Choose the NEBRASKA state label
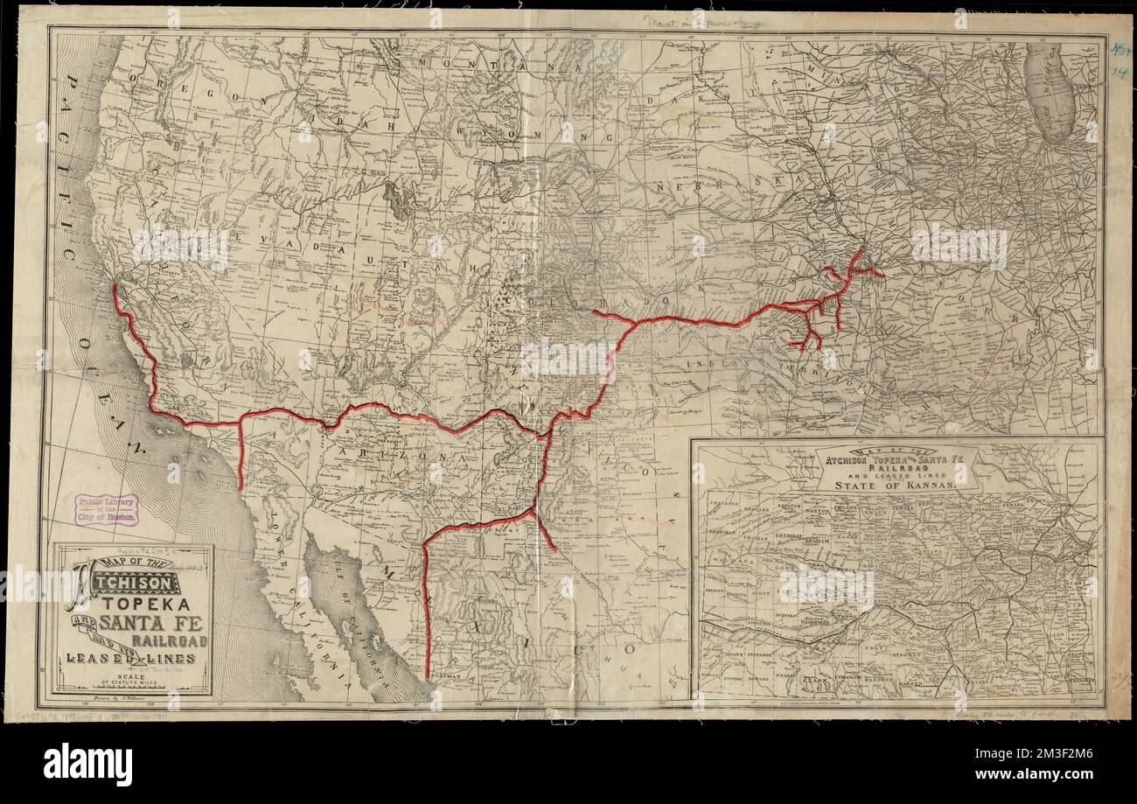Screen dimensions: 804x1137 point(717,188)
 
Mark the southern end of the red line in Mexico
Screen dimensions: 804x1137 point(427,675)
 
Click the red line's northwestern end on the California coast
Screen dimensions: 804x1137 point(115,285)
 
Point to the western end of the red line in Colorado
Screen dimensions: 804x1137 point(594,311)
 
